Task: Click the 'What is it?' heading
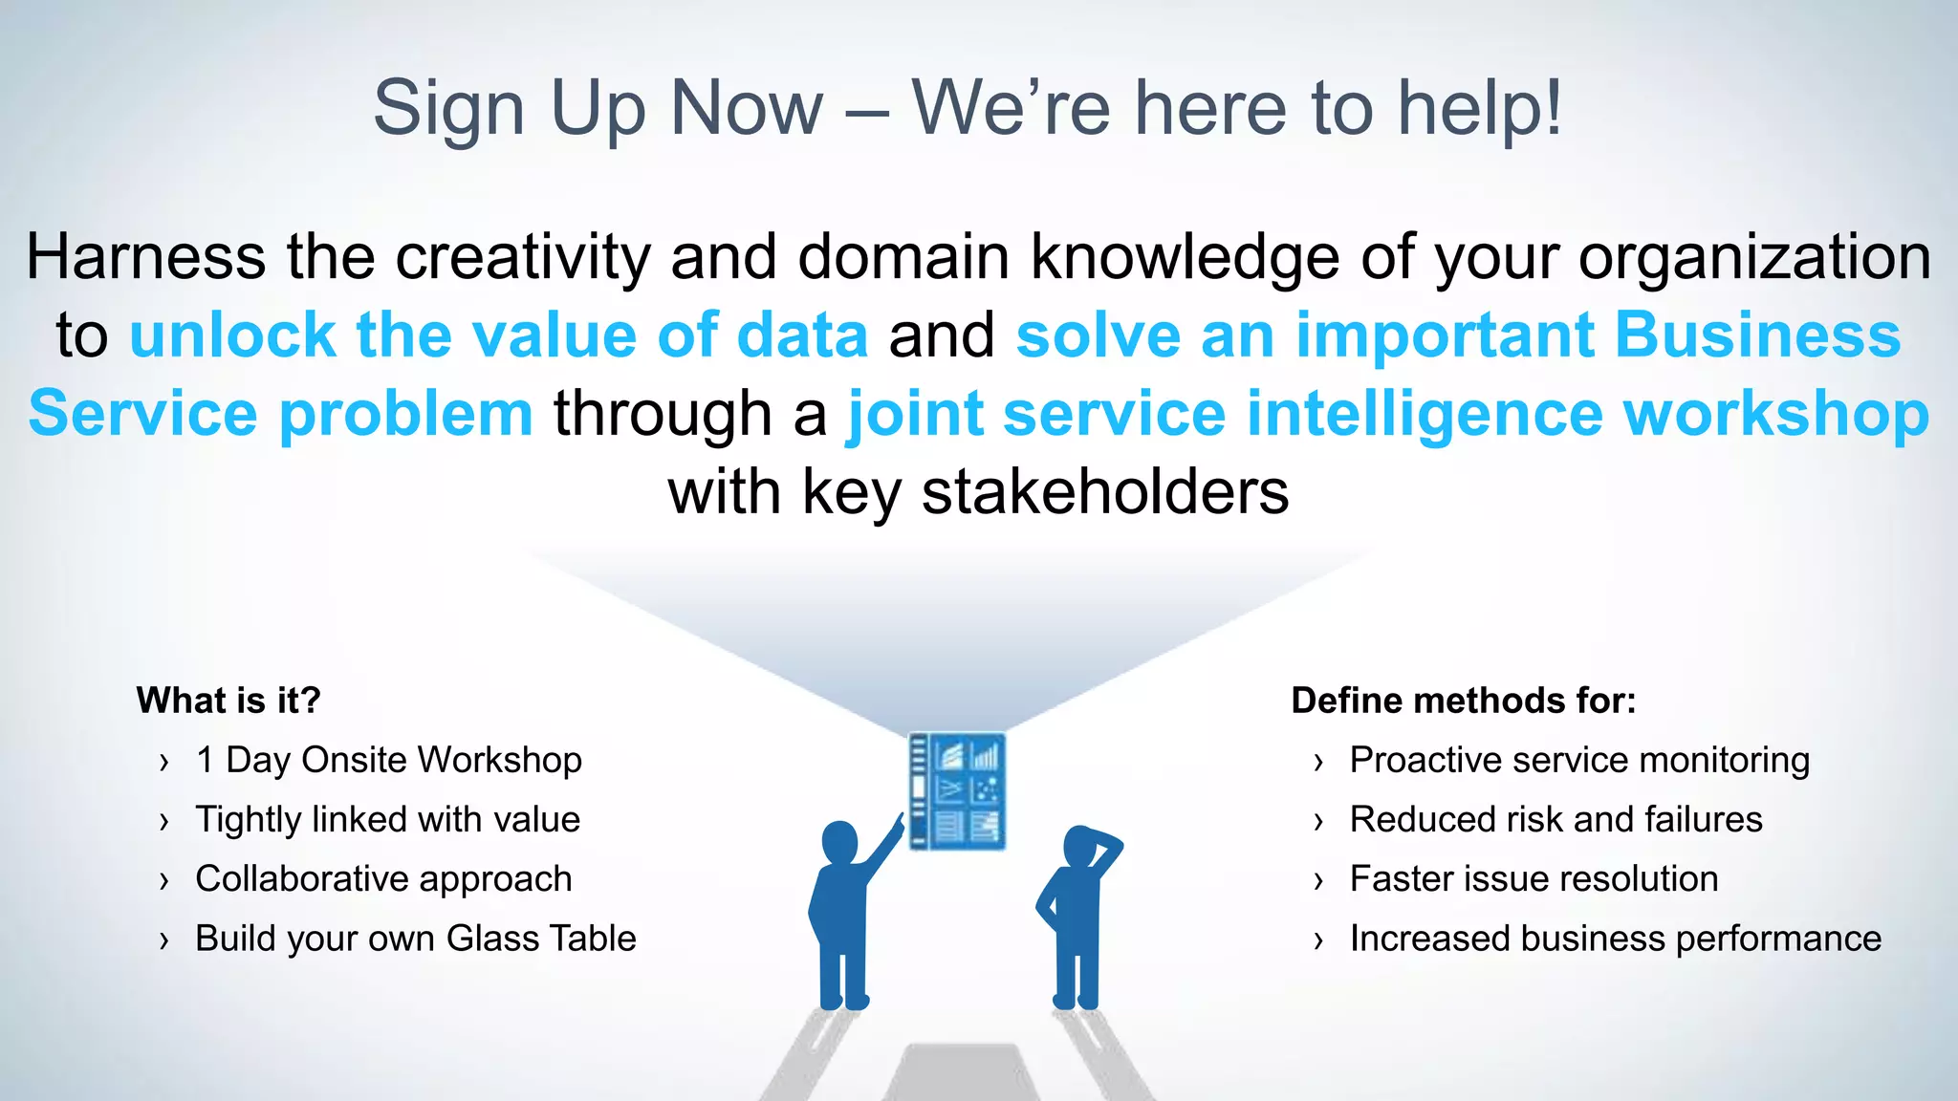(x=228, y=701)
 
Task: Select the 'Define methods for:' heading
(x=1463, y=701)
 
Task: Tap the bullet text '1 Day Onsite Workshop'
(x=388, y=760)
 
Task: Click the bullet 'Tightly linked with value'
(x=387, y=819)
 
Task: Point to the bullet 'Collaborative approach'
(x=383, y=878)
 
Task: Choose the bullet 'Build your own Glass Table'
(x=415, y=939)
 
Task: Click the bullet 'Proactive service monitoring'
(x=1579, y=760)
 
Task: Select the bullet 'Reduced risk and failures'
(x=1556, y=819)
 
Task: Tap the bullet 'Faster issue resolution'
(x=1534, y=878)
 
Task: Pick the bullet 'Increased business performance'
(x=1615, y=939)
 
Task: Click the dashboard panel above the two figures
(x=956, y=791)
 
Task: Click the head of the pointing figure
(x=839, y=842)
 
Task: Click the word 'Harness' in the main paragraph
(x=145, y=257)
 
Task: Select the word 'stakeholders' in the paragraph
(x=1104, y=492)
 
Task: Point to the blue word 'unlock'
(x=232, y=335)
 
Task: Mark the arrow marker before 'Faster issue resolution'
(x=1319, y=880)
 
